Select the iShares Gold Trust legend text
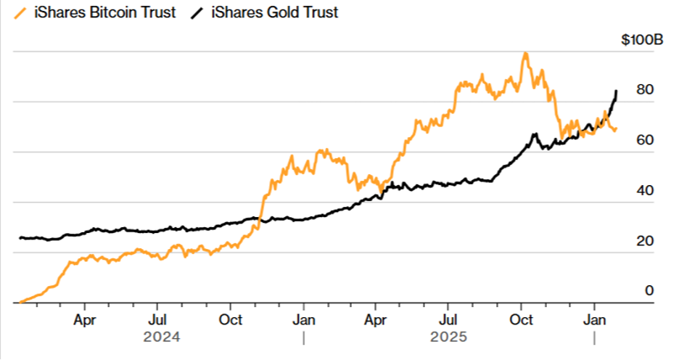click(x=274, y=12)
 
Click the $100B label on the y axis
click(x=641, y=41)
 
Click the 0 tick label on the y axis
click(x=649, y=290)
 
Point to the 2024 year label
click(x=161, y=337)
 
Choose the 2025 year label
click(x=449, y=337)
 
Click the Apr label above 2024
click(x=85, y=319)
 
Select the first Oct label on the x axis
click(x=231, y=319)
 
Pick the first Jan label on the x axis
click(x=304, y=319)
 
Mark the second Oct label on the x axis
click(x=521, y=319)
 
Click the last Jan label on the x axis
click(x=595, y=319)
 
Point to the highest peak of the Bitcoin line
click(x=524, y=53)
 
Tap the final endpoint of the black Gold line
click(x=616, y=91)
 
